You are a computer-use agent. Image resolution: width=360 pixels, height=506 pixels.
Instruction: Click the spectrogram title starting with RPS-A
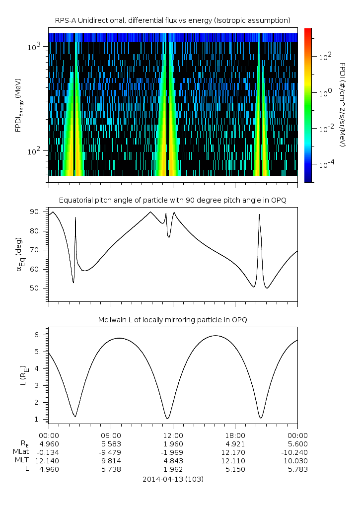(172, 20)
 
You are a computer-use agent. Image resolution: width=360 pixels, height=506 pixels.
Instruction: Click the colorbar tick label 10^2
(326, 57)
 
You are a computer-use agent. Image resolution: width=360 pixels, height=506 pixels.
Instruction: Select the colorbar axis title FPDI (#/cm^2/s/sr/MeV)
(343, 104)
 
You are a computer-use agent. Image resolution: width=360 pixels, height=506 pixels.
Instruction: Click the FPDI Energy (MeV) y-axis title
(19, 105)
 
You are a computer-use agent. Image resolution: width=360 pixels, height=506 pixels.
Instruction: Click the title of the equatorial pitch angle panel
(172, 200)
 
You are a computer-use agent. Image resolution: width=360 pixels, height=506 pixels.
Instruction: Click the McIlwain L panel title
(172, 320)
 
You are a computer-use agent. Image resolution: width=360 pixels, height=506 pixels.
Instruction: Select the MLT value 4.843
(173, 460)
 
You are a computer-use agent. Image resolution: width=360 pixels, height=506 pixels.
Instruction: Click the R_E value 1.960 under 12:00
(173, 443)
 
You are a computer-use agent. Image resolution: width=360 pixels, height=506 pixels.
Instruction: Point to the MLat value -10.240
(297, 452)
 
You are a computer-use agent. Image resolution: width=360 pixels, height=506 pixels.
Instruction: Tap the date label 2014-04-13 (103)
(173, 479)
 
